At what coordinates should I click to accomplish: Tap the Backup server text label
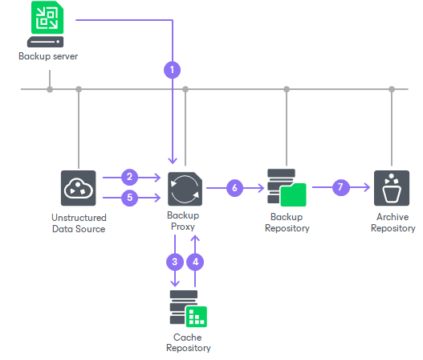tap(49, 57)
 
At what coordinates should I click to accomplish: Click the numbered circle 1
tap(172, 69)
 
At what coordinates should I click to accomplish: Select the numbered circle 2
tap(128, 177)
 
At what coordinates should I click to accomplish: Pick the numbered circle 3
tap(176, 261)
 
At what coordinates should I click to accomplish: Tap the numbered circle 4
tap(196, 261)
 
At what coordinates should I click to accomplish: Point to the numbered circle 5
tap(128, 197)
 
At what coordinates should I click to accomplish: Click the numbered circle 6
tap(234, 188)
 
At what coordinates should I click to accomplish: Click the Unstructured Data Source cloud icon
tap(79, 188)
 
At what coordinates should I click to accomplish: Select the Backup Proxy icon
tap(185, 188)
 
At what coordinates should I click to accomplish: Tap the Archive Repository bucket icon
tap(392, 188)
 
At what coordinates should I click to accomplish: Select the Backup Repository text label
tap(288, 223)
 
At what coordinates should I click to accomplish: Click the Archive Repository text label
tap(392, 223)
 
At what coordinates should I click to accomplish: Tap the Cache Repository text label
tap(189, 342)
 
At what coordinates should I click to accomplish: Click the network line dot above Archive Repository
tap(392, 88)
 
